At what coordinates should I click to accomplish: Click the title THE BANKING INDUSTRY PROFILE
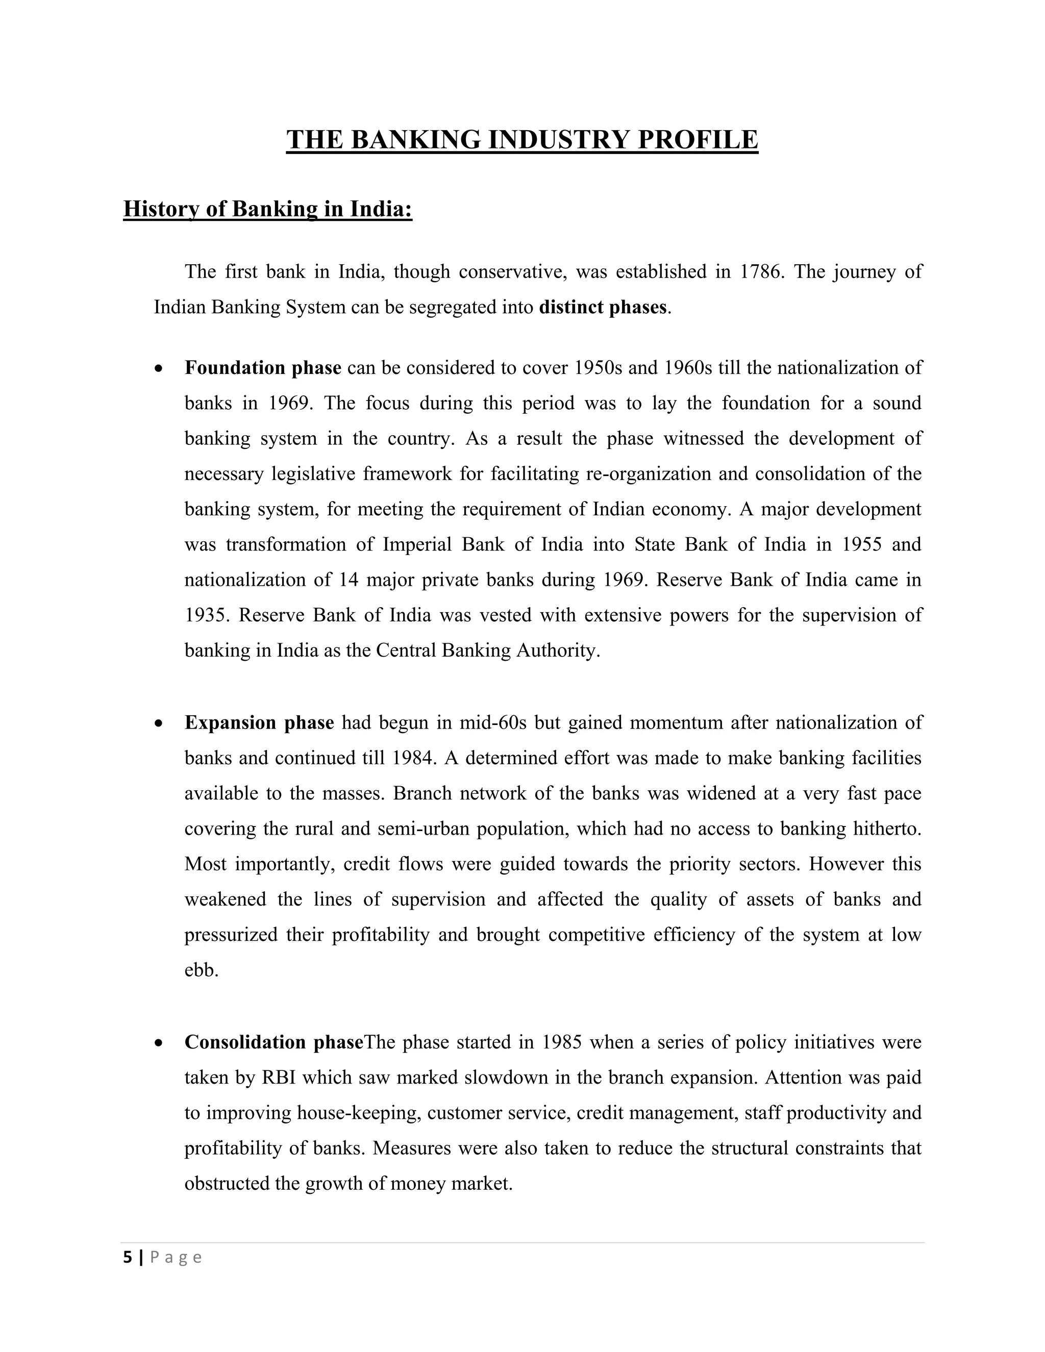click(x=522, y=140)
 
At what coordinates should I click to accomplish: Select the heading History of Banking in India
click(x=267, y=209)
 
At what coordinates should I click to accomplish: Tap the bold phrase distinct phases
click(x=603, y=307)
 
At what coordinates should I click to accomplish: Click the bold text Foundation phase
click(x=262, y=368)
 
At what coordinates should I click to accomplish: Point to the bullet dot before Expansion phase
click(x=159, y=723)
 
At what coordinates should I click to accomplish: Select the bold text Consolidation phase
click(x=273, y=1042)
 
